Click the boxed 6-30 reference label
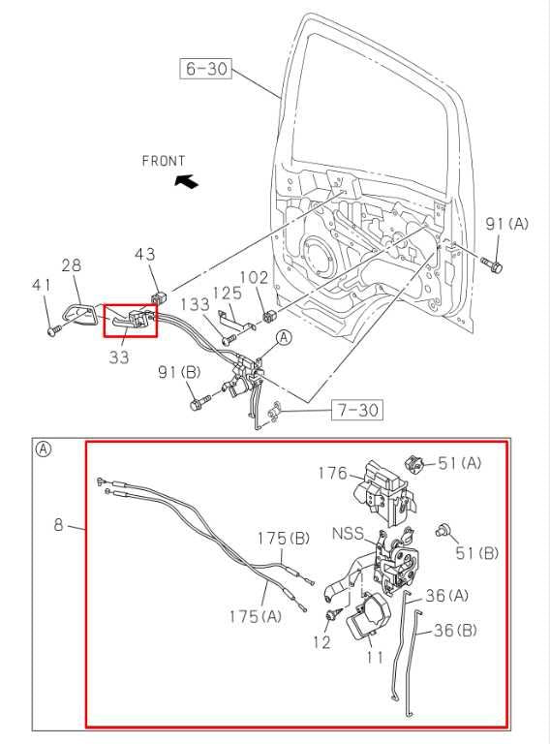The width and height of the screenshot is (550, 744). click(205, 68)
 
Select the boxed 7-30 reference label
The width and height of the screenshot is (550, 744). click(354, 411)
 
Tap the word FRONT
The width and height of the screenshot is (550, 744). click(164, 161)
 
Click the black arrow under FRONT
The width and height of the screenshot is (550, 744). click(186, 180)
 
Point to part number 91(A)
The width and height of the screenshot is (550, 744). click(506, 224)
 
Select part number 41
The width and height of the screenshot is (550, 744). click(40, 285)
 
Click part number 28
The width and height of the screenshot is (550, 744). click(72, 265)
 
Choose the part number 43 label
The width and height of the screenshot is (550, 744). click(144, 255)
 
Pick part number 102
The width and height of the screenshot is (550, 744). click(254, 277)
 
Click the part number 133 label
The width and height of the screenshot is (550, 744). click(195, 304)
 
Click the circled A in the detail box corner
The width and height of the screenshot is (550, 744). click(44, 449)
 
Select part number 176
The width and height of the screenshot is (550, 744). click(332, 474)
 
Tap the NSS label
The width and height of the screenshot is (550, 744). click(349, 533)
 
